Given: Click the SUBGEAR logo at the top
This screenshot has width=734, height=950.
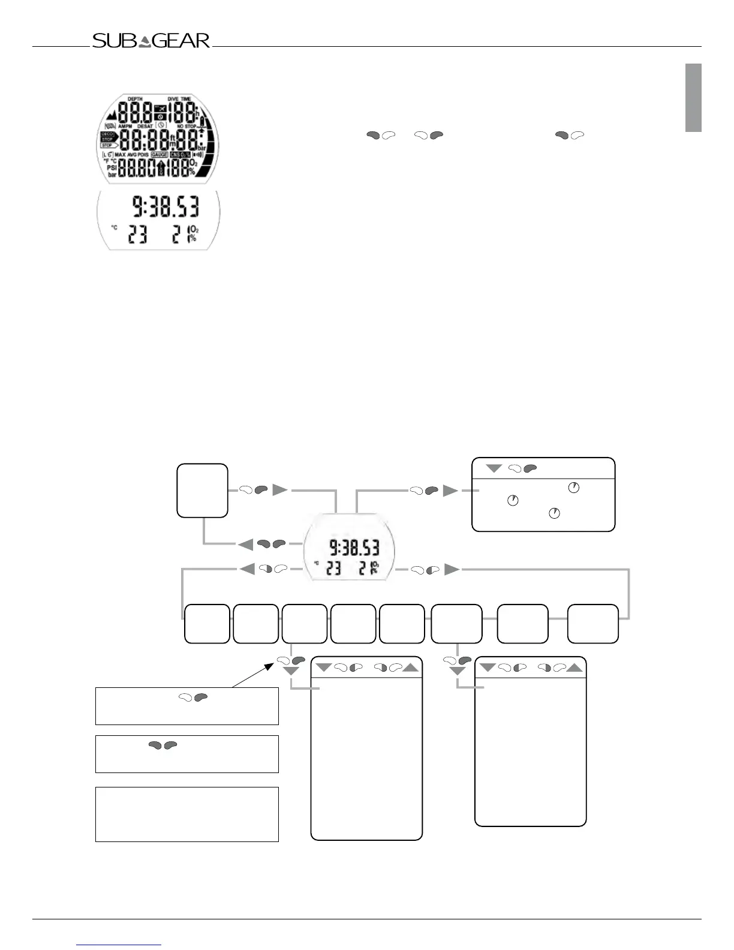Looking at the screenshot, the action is pyautogui.click(x=151, y=41).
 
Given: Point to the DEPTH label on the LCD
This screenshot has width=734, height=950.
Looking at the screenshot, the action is pyautogui.click(x=135, y=99).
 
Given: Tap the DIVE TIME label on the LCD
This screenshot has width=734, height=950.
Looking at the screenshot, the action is pyautogui.click(x=179, y=99).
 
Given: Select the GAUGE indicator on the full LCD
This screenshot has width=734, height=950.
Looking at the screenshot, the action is pyautogui.click(x=160, y=155).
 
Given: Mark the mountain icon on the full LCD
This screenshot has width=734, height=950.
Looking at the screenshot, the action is pyautogui.click(x=110, y=113).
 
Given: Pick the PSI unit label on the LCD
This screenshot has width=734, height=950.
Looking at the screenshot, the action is pyautogui.click(x=111, y=168).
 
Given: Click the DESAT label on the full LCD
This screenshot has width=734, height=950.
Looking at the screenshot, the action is pyautogui.click(x=145, y=127).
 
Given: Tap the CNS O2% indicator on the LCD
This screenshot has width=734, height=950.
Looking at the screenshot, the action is pyautogui.click(x=180, y=155).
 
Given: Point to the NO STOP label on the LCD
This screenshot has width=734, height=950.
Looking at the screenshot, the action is pyautogui.click(x=186, y=127).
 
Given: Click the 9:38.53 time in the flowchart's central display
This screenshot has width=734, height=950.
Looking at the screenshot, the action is pyautogui.click(x=354, y=548).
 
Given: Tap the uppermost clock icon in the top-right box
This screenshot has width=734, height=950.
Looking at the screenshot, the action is pyautogui.click(x=574, y=488).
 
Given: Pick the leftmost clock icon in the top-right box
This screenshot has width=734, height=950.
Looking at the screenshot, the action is pyautogui.click(x=513, y=500).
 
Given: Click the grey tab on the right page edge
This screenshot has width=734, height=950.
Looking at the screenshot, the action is pyautogui.click(x=694, y=97).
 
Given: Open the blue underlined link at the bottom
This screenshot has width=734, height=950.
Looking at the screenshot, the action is pyautogui.click(x=119, y=945).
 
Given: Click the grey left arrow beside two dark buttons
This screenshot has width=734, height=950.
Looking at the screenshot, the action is pyautogui.click(x=246, y=544).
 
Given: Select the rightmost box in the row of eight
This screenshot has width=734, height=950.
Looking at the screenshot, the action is pyautogui.click(x=592, y=624).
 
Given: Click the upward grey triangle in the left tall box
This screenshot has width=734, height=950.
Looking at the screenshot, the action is pyautogui.click(x=411, y=667).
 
